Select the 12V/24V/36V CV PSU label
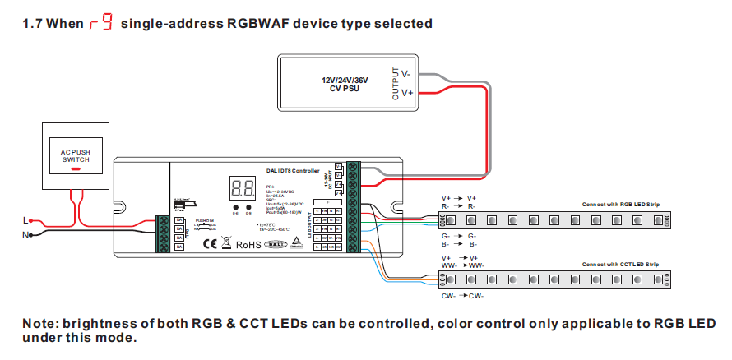pos(345,84)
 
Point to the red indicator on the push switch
pos(75,169)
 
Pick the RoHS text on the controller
pos(248,243)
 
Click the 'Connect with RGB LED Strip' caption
pos(621,204)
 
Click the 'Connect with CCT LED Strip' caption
pos(621,265)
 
